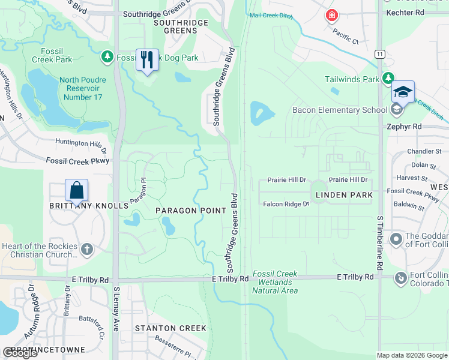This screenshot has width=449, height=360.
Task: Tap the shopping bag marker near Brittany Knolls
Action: [77, 191]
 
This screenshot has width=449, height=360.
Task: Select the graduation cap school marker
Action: [403, 92]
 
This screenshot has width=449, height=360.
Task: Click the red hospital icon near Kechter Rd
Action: [331, 16]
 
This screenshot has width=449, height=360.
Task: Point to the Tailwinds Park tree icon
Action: [388, 79]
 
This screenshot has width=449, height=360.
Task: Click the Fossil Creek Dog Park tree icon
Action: [107, 58]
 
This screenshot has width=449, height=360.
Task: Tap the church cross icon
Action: [87, 249]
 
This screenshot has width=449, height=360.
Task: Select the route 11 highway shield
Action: [379, 54]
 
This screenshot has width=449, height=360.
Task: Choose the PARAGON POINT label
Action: [191, 210]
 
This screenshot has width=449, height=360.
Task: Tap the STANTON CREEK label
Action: [170, 328]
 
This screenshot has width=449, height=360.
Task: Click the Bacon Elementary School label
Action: [339, 110]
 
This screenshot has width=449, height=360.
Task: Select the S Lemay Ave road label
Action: [116, 309]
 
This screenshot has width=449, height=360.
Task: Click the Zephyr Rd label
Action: [421, 127]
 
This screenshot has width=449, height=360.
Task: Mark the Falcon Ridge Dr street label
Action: [285, 204]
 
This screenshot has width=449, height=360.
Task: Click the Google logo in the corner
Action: [20, 353]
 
